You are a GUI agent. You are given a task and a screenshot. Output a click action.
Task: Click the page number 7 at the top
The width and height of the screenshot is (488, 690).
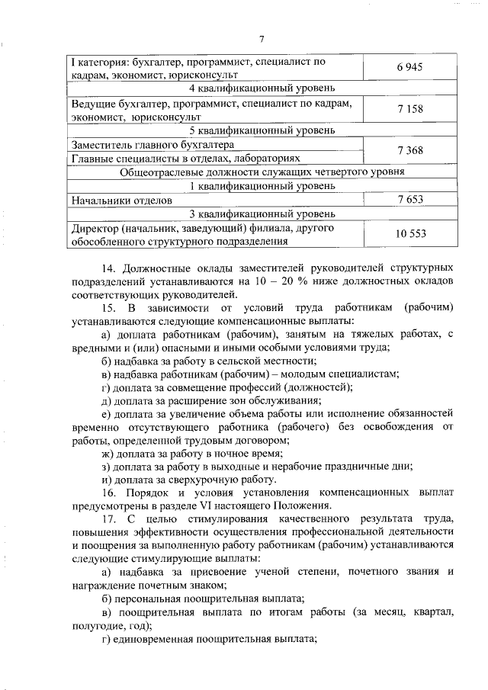261,40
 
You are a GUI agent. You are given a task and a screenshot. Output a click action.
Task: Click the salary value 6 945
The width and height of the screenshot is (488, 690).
409,68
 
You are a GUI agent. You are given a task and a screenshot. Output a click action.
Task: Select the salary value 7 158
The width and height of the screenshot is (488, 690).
409,109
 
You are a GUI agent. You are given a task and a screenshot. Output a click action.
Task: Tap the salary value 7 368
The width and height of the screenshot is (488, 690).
409,150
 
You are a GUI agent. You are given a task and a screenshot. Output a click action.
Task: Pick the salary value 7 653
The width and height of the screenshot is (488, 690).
409,199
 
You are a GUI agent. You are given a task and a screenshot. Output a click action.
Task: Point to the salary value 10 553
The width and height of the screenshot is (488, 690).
409,234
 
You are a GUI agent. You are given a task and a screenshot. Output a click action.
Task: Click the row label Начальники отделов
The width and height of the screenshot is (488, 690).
120,200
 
